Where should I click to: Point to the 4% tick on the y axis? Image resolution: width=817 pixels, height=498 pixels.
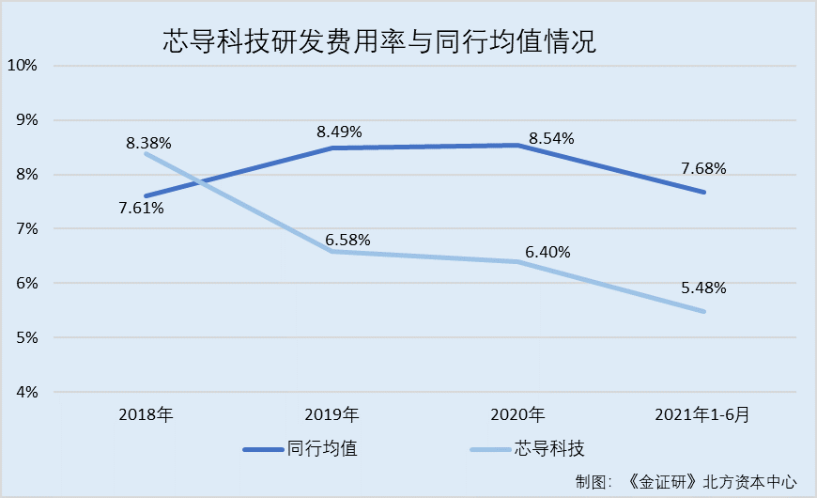click(x=24, y=392)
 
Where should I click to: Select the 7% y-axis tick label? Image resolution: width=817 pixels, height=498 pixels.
click(x=24, y=229)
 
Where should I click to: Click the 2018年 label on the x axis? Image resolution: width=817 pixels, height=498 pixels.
click(x=146, y=414)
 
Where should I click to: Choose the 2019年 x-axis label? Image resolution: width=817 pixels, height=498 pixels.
click(x=332, y=414)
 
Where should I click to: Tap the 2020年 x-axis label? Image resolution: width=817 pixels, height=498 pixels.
click(x=518, y=414)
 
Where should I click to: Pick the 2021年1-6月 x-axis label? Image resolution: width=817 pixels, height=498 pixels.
click(x=704, y=414)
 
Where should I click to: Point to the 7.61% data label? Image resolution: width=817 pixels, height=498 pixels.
click(x=142, y=208)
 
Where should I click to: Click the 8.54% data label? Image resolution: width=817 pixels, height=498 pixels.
click(x=552, y=138)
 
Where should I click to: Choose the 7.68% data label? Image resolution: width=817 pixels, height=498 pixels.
click(x=703, y=169)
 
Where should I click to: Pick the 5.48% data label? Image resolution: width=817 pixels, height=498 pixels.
click(x=703, y=288)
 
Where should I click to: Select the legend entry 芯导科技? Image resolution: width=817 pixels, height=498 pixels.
click(x=553, y=449)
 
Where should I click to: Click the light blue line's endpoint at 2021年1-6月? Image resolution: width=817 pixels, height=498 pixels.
click(x=704, y=312)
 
